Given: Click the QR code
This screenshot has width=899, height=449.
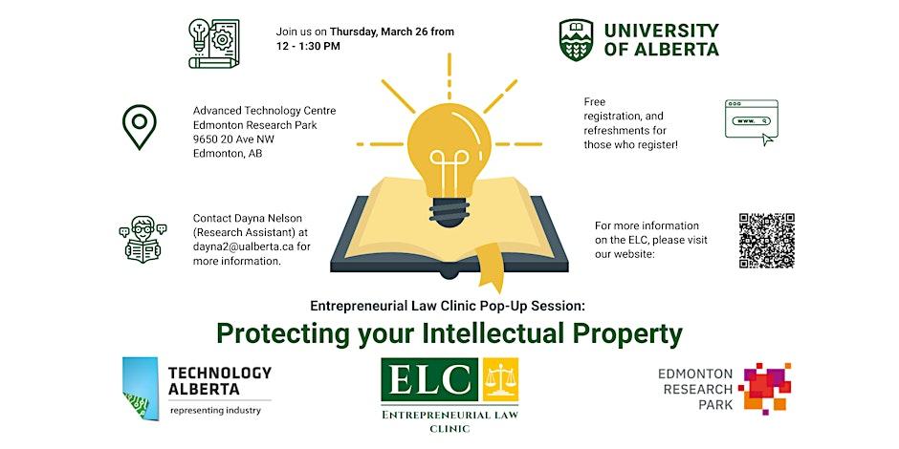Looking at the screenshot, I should coord(767,240).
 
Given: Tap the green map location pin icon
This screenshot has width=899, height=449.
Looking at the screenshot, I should coord(140,127).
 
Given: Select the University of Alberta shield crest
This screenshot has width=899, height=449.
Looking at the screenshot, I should coord(577,40).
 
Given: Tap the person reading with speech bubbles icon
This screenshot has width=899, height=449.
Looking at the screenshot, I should coord(143,239).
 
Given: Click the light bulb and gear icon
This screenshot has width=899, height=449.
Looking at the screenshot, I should coord(212,43).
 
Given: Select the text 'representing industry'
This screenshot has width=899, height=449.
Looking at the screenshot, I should coord(215,411).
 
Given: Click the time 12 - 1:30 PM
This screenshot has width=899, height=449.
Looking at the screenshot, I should coord(307,46).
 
